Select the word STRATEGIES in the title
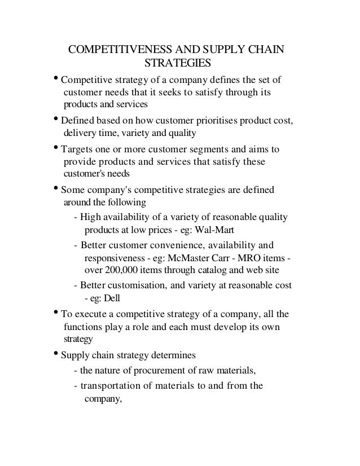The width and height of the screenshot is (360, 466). tap(178, 61)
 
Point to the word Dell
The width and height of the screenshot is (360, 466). tap(112, 298)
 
